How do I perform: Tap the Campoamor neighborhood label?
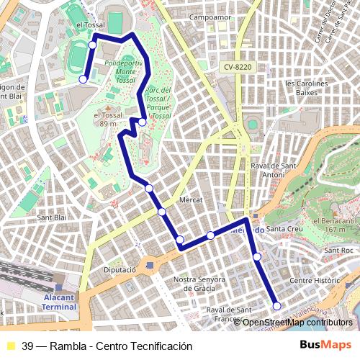click(209, 16)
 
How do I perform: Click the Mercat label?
click(191, 199)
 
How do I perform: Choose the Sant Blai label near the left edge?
click(51, 217)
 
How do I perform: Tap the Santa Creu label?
click(283, 229)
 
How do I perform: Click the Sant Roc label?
click(338, 251)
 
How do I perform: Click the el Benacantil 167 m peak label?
click(335, 225)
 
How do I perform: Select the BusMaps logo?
click(325, 346)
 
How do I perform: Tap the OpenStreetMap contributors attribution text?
click(297, 322)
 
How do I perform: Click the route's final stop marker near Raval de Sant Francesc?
click(276, 306)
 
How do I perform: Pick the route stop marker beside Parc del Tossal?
click(143, 122)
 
